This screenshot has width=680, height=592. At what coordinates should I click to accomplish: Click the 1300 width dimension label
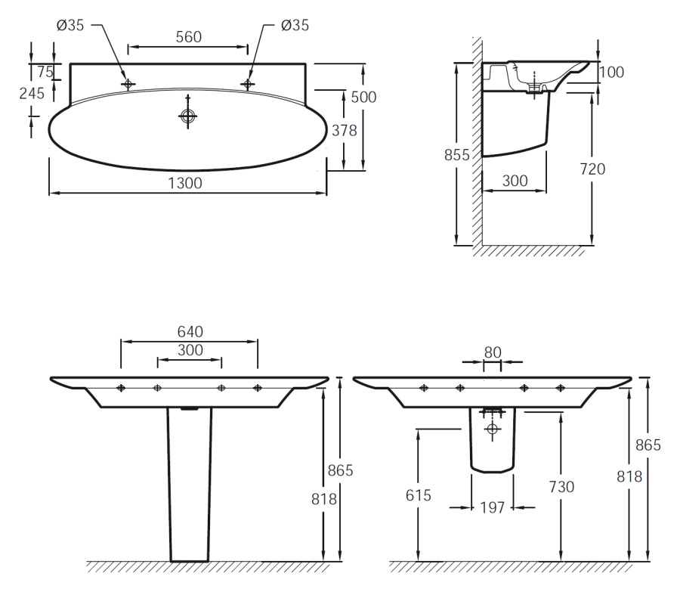click(x=185, y=183)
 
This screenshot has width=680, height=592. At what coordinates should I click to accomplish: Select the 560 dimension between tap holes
click(x=189, y=37)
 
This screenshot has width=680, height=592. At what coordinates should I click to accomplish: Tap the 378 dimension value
click(x=345, y=130)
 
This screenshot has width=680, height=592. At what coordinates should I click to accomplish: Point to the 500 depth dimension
click(x=363, y=98)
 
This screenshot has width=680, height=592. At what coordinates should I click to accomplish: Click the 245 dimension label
click(x=32, y=93)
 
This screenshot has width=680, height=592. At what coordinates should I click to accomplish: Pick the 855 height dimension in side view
click(x=456, y=155)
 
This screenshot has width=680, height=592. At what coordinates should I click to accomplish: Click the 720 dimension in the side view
click(x=592, y=169)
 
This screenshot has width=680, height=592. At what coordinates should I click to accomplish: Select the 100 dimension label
click(x=611, y=72)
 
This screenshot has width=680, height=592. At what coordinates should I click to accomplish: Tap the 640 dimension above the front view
click(x=190, y=332)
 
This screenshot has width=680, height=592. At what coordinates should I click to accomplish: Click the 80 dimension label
click(x=493, y=352)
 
